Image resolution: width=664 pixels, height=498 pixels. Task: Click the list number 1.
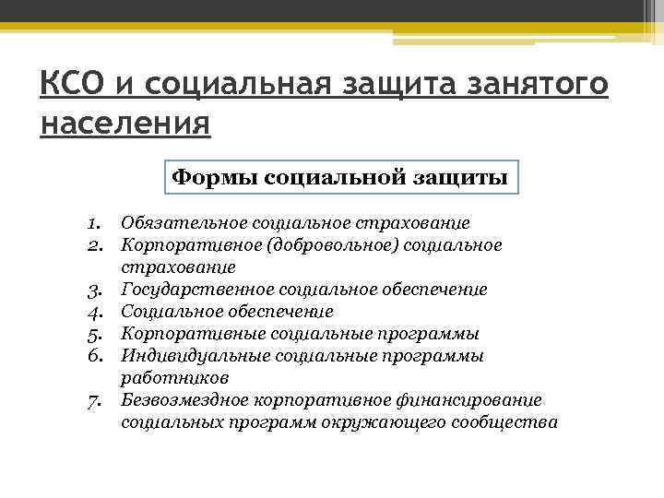(94, 223)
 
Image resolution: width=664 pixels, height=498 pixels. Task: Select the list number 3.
(94, 290)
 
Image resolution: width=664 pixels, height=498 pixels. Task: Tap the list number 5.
(94, 334)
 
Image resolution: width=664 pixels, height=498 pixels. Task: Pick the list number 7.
(94, 400)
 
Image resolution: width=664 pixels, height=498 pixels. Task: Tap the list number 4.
(94, 313)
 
